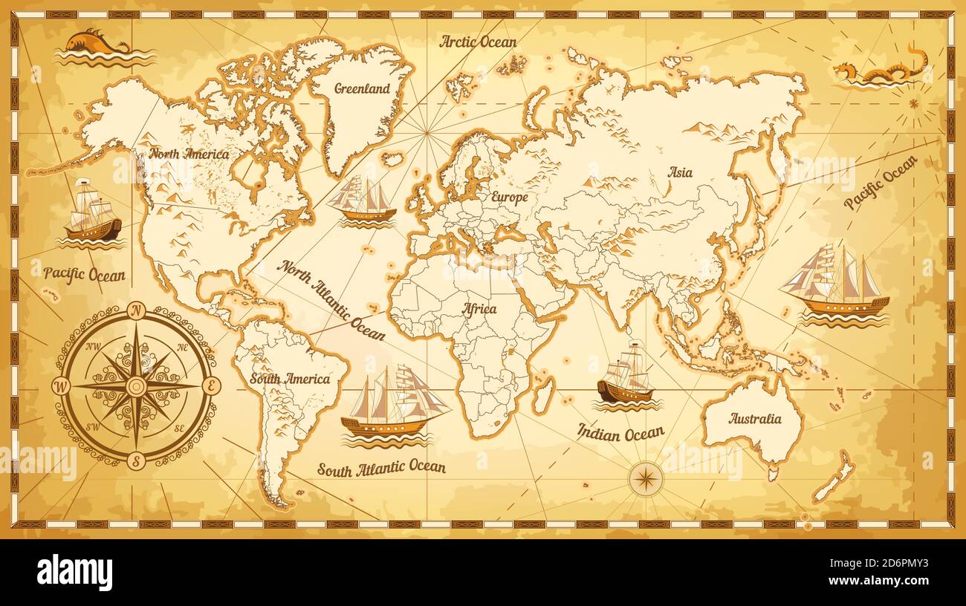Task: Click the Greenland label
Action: (362, 88)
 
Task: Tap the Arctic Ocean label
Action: (478, 42)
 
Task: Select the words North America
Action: (189, 154)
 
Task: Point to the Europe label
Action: (509, 197)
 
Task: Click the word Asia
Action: (679, 172)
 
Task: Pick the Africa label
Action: (479, 309)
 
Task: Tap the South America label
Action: (290, 379)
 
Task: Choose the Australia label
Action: (754, 418)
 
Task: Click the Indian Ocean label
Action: (621, 432)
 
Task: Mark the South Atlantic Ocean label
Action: (381, 467)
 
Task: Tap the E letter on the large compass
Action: (211, 385)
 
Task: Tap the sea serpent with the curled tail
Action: (881, 68)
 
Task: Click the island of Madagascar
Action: (543, 394)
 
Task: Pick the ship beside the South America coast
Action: (392, 405)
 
